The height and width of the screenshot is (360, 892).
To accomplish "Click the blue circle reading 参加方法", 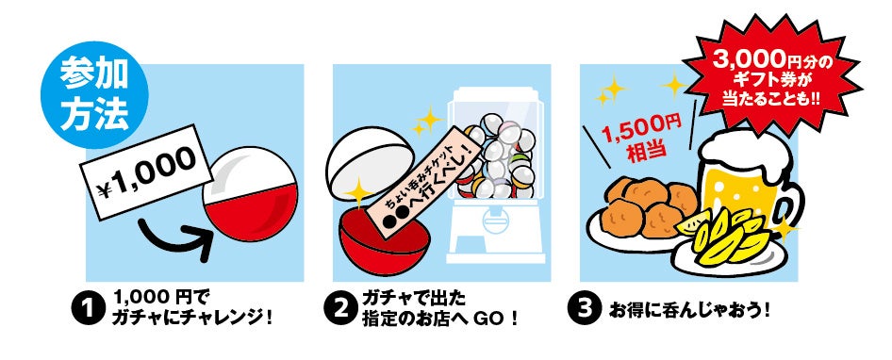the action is [94, 94].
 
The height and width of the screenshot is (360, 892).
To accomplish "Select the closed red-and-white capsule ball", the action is [250, 194].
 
